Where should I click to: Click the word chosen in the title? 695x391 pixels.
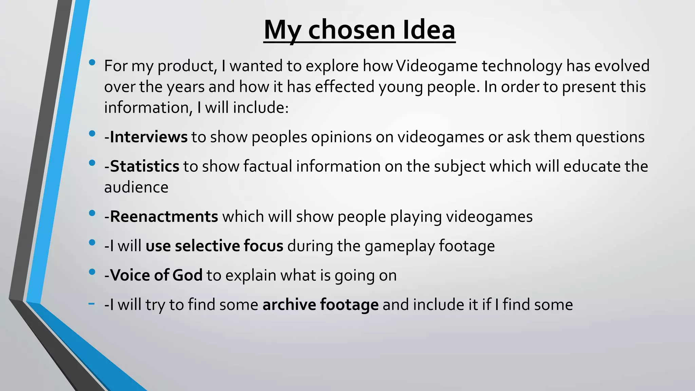352,30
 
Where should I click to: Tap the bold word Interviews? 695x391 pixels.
149,137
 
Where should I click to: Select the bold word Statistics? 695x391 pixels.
145,166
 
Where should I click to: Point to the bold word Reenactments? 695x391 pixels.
164,217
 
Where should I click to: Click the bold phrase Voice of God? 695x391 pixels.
156,275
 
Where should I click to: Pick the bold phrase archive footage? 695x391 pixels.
320,304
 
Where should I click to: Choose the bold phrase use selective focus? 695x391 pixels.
214,246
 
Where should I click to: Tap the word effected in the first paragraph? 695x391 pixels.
344,87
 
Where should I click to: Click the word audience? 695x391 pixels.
136,187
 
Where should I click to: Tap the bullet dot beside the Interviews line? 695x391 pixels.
92,134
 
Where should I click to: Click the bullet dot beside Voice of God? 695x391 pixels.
92,272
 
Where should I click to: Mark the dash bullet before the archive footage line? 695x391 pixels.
91,303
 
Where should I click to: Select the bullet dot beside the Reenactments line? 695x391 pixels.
92,213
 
